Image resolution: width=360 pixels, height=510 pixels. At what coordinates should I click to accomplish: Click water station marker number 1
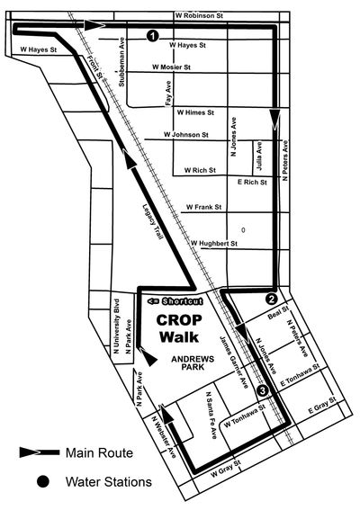(151, 35)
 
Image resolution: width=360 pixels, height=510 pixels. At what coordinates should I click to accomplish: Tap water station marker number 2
(271, 299)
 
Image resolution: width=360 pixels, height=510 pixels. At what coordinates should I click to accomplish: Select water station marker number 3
(262, 391)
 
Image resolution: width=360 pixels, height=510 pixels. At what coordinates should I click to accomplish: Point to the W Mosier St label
(175, 67)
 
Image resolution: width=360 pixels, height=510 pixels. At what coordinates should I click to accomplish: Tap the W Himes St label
(195, 112)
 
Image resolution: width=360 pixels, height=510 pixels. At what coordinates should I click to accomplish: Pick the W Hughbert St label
(213, 243)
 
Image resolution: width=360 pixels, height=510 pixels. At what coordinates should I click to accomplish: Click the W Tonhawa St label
(244, 416)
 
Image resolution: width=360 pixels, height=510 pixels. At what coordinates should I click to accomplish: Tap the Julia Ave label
(258, 153)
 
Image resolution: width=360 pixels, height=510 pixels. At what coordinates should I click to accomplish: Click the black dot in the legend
(41, 483)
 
